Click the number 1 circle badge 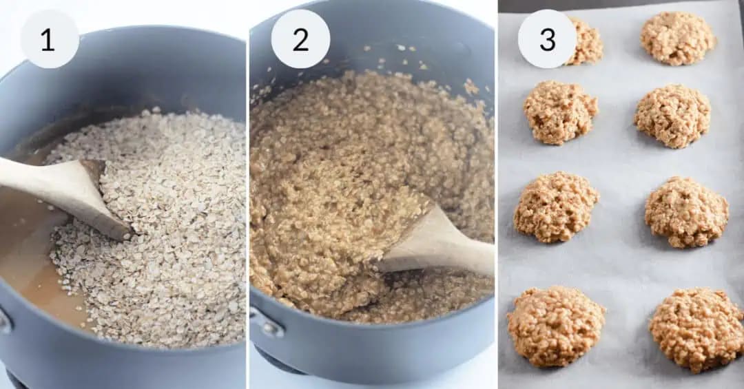pyautogui.click(x=49, y=39)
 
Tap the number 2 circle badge pyautogui.click(x=300, y=39)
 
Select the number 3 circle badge pyautogui.click(x=547, y=39)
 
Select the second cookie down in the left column pyautogui.click(x=560, y=112)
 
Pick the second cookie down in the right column pyautogui.click(x=672, y=116)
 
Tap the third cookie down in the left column pyautogui.click(x=556, y=207)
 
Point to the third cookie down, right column pyautogui.click(x=686, y=211)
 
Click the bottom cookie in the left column pyautogui.click(x=555, y=326)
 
